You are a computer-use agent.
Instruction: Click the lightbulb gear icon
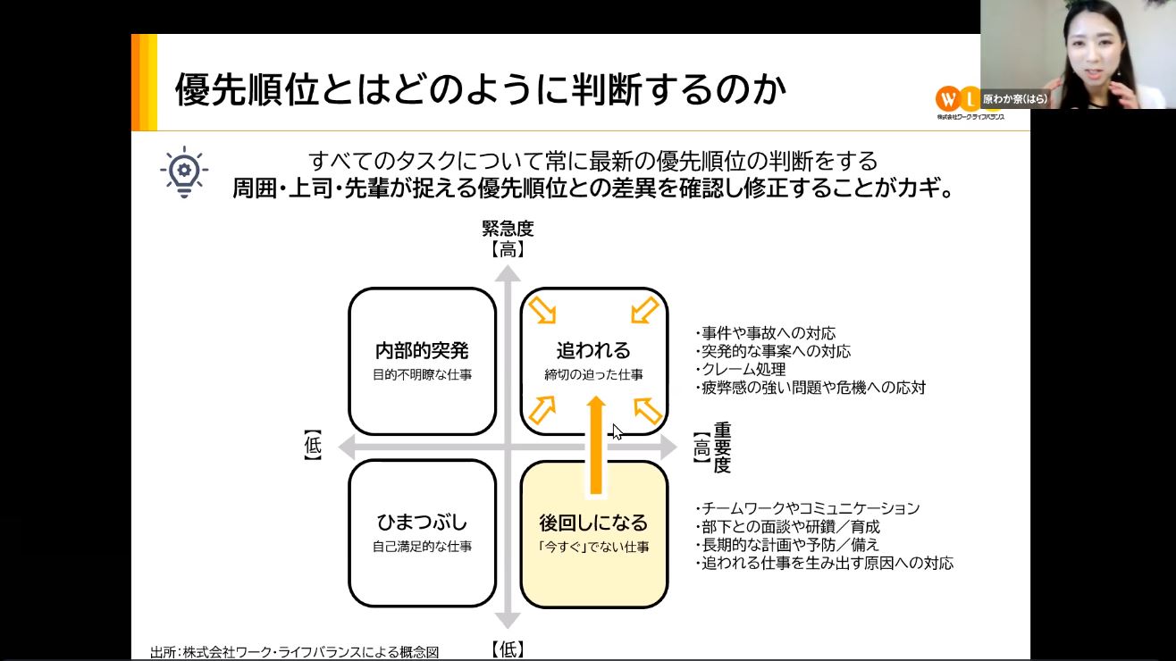pos(184,172)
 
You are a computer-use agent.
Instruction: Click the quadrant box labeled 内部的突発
pos(422,362)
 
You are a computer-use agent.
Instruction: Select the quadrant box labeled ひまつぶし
pos(422,533)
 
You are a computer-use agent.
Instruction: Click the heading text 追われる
pos(593,350)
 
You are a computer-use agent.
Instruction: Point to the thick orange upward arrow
pos(596,445)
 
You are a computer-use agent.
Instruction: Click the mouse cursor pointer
pos(617,432)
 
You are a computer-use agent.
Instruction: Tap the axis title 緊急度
pos(508,229)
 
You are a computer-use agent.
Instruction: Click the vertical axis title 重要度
pos(722,448)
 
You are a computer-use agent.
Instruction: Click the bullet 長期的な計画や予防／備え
pos(787,545)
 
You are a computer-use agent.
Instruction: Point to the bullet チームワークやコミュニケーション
pos(807,508)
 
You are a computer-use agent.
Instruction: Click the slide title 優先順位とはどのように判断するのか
pos(481,89)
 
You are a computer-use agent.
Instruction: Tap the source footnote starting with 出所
pos(295,652)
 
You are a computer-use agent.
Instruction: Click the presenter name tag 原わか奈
pos(1015,98)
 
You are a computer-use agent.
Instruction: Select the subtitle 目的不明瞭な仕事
pos(422,374)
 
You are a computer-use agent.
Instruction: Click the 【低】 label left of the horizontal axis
pos(313,446)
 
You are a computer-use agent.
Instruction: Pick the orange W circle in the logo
pos(947,98)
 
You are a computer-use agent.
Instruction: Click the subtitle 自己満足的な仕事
pos(422,547)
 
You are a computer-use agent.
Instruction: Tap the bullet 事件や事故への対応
pos(765,333)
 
